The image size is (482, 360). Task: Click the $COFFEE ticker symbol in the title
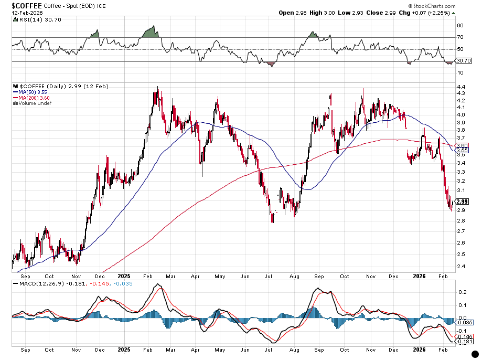tap(23, 5)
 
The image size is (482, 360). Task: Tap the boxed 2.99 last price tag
tap(462, 202)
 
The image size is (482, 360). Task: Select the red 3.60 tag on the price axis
tap(462, 145)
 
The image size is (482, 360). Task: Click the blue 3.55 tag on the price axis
tap(462, 150)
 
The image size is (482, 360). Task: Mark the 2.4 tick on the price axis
tap(460, 266)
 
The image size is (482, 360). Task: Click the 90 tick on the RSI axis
tap(460, 25)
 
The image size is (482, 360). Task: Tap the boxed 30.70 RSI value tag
tap(463, 60)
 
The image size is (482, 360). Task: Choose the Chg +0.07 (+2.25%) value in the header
tap(429, 12)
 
